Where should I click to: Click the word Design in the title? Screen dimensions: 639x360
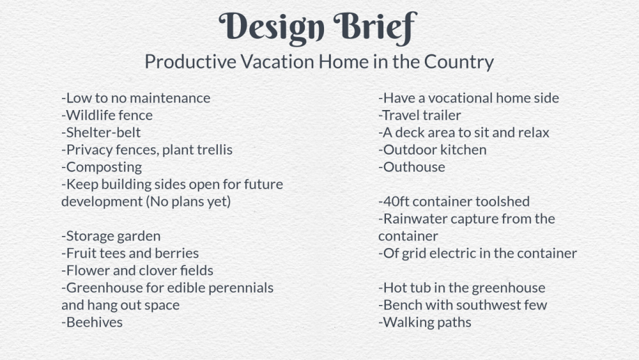pyautogui.click(x=272, y=27)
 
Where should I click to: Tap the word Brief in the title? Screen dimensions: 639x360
pyautogui.click(x=375, y=27)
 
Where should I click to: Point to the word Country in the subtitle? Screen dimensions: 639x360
pyautogui.click(x=459, y=63)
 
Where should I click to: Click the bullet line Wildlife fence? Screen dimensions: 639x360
pyautogui.click(x=107, y=115)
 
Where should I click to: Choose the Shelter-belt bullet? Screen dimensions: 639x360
pyautogui.click(x=101, y=132)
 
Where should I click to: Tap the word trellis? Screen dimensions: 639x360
pyautogui.click(x=215, y=150)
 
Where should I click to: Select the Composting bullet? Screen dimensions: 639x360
pyautogui.click(x=102, y=168)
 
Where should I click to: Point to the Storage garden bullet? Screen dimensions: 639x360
pyautogui.click(x=111, y=237)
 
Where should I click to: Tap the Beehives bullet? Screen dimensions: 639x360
pyautogui.click(x=92, y=322)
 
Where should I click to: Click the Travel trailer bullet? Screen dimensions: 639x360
pyautogui.click(x=420, y=115)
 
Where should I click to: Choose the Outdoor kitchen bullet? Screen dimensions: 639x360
pyautogui.click(x=433, y=150)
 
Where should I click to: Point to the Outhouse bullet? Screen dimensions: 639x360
pyautogui.click(x=412, y=167)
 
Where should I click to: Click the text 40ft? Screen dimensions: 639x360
pyautogui.click(x=396, y=201)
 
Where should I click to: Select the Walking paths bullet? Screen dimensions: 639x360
pyautogui.click(x=425, y=322)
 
